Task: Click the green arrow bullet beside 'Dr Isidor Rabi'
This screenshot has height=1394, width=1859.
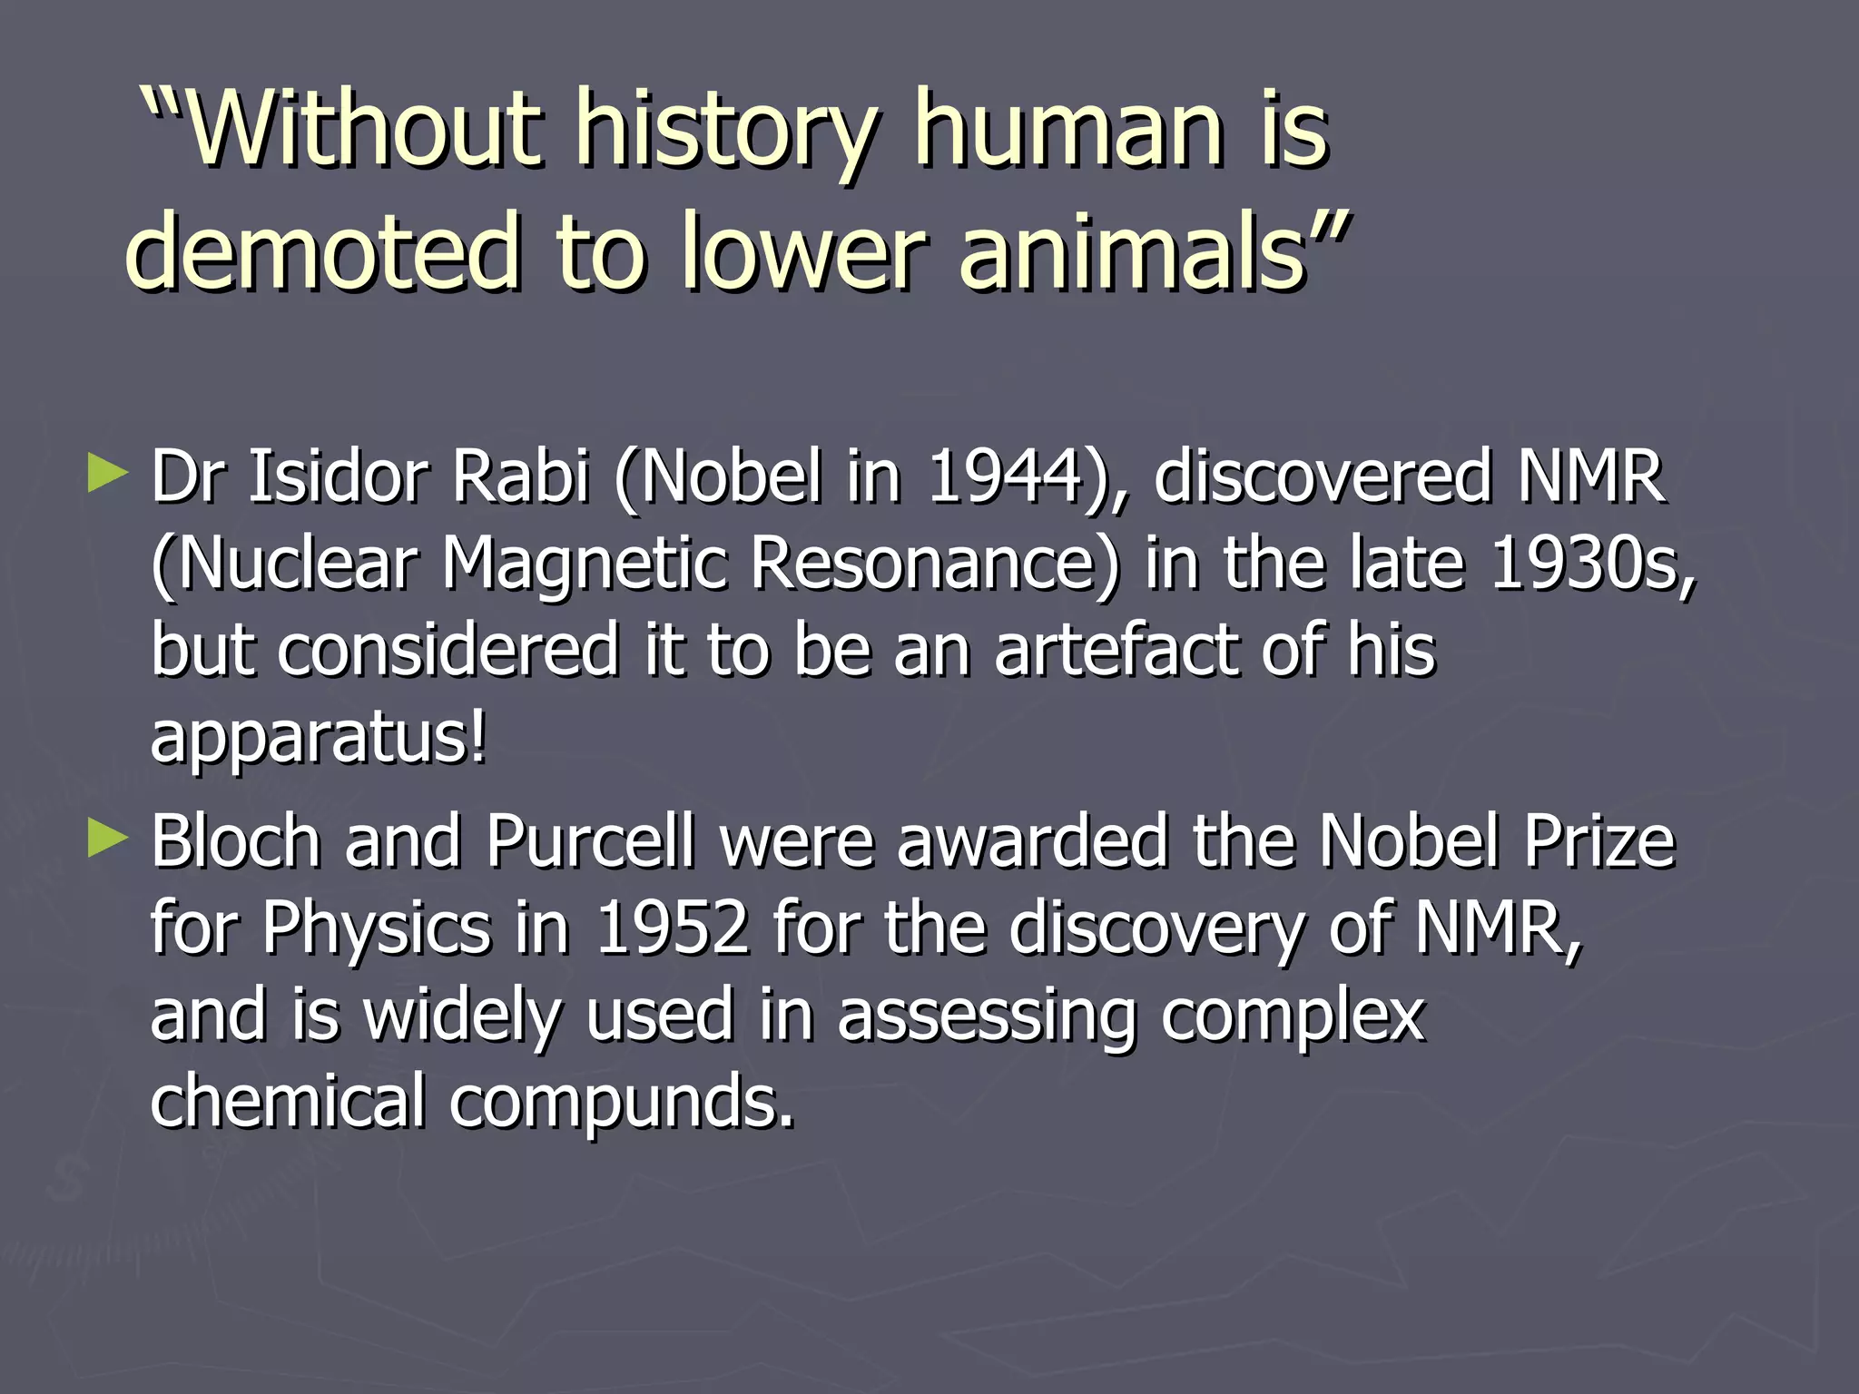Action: coord(107,475)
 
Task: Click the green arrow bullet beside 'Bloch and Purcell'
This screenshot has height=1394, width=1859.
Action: coord(107,839)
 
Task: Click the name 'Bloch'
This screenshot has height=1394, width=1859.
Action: coord(235,841)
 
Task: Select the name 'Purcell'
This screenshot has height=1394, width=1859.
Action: coord(590,841)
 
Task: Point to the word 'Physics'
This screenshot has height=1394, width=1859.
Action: coord(376,930)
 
